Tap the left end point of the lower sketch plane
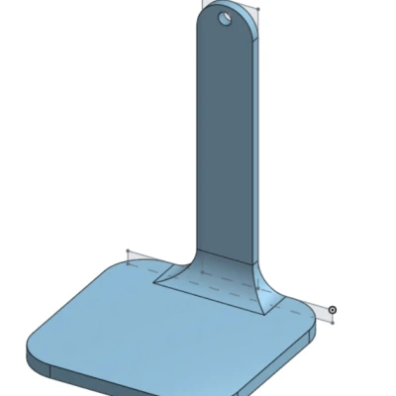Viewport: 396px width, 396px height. click(128, 253)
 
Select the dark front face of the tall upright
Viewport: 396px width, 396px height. click(221, 139)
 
